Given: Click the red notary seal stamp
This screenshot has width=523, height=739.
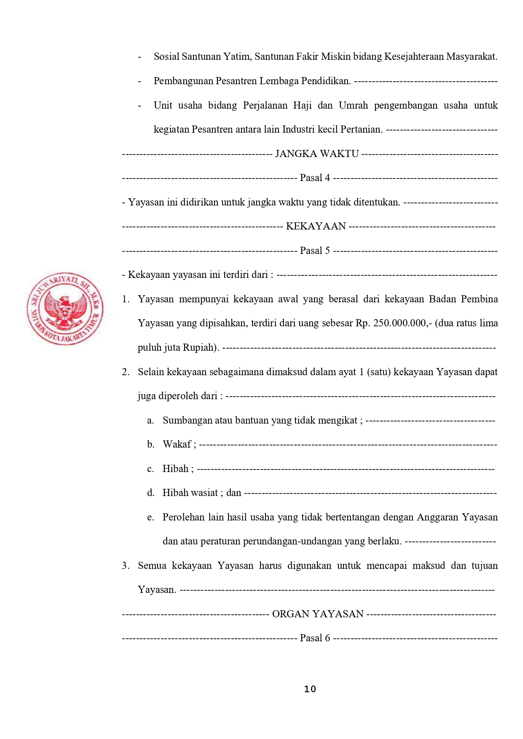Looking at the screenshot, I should click(x=65, y=308).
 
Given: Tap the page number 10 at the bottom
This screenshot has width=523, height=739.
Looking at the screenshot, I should click(x=310, y=689).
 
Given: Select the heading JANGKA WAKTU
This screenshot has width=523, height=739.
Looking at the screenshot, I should click(x=316, y=154).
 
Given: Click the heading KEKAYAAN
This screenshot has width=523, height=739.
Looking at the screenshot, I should click(x=316, y=226).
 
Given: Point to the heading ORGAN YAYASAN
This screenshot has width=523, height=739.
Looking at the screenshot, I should click(x=318, y=614).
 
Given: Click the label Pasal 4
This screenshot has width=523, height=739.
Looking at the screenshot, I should click(x=315, y=178).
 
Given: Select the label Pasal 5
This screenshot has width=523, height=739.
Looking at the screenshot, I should click(x=315, y=251).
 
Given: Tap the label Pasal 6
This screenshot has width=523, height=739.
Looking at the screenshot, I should click(x=315, y=638).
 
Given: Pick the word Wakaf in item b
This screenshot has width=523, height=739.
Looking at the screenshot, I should click(x=177, y=444).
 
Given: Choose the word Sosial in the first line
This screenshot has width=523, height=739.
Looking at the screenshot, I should click(x=166, y=57).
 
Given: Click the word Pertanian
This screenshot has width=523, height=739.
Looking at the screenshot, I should click(x=361, y=129).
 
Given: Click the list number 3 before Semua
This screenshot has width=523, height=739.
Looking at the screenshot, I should click(x=125, y=566).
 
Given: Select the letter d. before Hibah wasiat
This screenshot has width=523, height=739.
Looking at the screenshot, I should click(x=150, y=493).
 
